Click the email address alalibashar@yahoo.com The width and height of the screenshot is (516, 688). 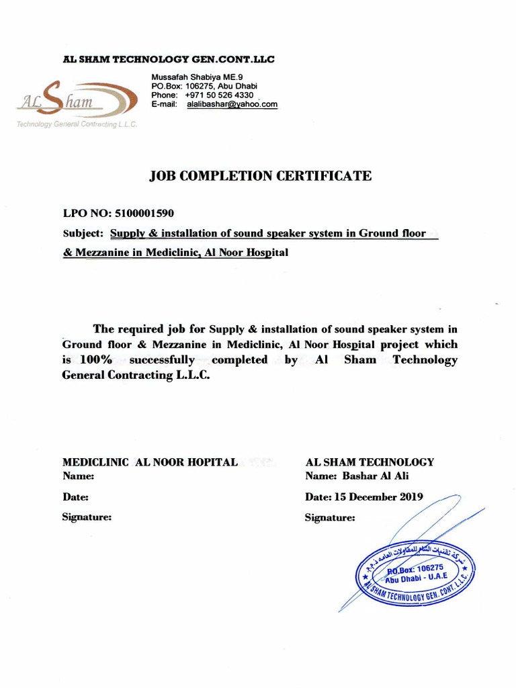tap(232, 105)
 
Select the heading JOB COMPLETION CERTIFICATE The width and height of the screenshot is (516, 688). tap(259, 176)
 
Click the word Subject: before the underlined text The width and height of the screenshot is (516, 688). tap(83, 233)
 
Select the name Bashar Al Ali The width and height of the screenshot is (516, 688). tap(375, 476)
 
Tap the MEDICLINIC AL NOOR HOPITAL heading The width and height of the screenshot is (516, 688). tap(150, 462)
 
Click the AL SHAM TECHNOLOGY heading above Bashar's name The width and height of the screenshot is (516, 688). tap(370, 462)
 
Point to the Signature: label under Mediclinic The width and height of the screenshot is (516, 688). tap(87, 517)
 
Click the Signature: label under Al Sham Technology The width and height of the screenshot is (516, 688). tap(330, 518)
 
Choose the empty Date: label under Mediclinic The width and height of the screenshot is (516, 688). tap(75, 497)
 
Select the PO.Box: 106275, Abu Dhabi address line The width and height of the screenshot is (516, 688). tap(204, 87)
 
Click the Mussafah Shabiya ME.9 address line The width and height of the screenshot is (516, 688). tap(192, 77)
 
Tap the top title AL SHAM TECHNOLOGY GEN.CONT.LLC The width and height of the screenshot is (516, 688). tap(169, 60)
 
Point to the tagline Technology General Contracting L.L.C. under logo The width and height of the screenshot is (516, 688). tap(76, 125)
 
